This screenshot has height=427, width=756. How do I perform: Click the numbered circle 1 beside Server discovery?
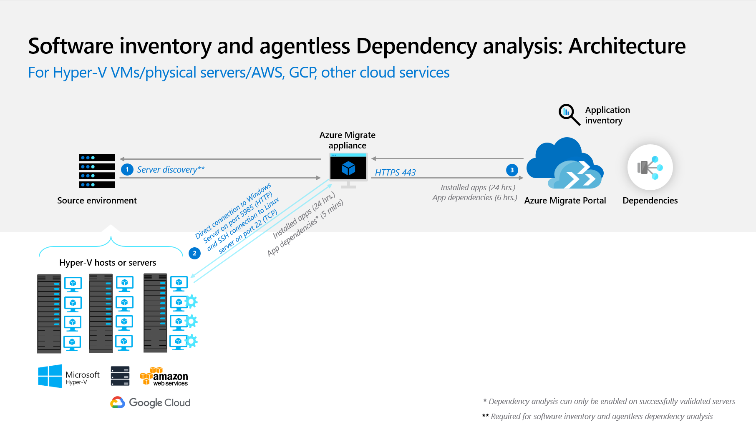(127, 170)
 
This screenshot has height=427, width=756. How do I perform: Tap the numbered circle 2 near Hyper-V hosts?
(194, 253)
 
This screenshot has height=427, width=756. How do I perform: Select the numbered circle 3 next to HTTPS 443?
(512, 170)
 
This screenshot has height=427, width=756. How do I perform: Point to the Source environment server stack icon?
(97, 171)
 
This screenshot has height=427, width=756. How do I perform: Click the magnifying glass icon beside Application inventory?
(569, 114)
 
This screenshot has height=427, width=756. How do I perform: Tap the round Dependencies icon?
(650, 168)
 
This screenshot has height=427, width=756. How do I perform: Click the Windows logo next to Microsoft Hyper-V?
(50, 376)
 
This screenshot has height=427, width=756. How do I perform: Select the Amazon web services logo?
(164, 377)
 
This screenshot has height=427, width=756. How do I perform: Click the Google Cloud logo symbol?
(118, 402)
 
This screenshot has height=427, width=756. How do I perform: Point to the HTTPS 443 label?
(395, 173)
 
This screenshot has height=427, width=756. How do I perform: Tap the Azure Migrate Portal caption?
(565, 201)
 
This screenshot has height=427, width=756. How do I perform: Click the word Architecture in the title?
(627, 46)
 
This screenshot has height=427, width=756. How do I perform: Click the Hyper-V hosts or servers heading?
(108, 263)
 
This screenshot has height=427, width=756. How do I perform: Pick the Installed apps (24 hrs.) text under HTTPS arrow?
(478, 188)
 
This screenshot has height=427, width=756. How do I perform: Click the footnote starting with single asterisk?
(609, 402)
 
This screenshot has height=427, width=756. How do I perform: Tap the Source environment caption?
(97, 201)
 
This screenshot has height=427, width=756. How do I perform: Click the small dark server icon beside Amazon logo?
(120, 376)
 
